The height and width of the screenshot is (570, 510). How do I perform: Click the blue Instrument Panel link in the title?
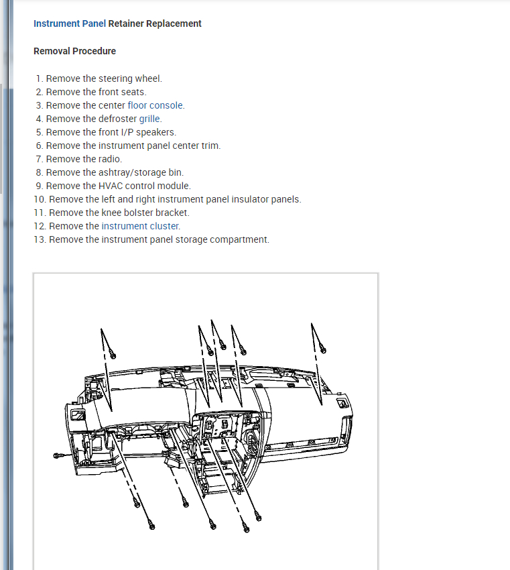69,23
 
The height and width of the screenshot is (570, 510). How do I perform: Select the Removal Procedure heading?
74,51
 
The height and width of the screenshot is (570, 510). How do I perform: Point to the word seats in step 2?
133,92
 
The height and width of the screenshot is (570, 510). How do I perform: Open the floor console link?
155,105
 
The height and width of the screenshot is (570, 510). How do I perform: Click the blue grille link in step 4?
150,119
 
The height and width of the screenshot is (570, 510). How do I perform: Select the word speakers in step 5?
155,132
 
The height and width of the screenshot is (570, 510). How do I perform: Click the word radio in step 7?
111,159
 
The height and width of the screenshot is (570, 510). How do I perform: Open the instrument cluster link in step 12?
141,226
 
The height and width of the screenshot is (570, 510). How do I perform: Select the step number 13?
40,239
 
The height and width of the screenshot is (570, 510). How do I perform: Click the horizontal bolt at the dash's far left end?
58,455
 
